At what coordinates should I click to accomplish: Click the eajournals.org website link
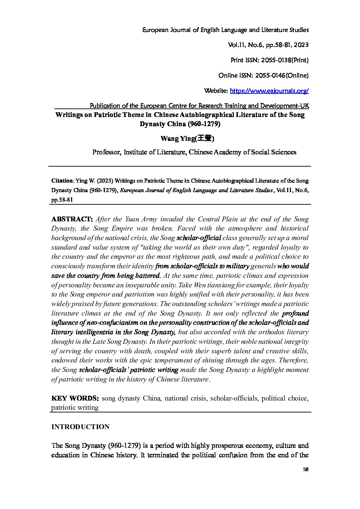coord(269,91)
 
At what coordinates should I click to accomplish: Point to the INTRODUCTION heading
coord(80,427)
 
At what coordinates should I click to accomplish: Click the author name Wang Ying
coord(173,139)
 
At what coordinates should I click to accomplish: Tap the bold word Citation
coord(62,181)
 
